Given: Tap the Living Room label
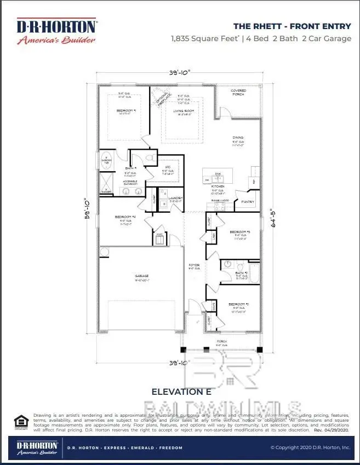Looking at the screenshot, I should click(184, 111).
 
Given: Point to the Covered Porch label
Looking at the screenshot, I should click(238, 93).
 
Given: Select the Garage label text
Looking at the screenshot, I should click(142, 276).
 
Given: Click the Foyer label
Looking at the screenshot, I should click(194, 265).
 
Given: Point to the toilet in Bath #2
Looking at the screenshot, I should click(226, 265).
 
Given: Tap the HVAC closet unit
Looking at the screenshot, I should click(159, 240).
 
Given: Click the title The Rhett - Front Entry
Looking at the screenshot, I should click(292, 26).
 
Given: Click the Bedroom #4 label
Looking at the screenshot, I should click(125, 217).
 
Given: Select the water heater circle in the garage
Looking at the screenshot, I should click(105, 252).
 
